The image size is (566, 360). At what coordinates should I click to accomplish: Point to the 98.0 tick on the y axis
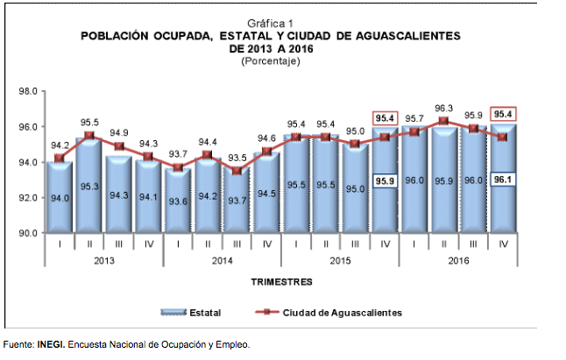[x=26, y=91]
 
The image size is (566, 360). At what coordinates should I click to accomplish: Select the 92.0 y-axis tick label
[x=26, y=198]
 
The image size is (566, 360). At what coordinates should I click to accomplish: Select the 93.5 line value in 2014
[x=237, y=159]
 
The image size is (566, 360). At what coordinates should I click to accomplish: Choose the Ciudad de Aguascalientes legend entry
[x=334, y=311]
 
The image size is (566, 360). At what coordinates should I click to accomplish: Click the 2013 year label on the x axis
[x=104, y=260]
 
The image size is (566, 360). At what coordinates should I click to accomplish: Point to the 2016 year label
[x=459, y=260]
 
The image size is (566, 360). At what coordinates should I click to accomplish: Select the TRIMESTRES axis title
[x=282, y=283]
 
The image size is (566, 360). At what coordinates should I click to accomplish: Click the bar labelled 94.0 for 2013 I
[x=60, y=200]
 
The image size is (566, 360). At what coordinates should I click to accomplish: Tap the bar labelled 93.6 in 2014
[x=178, y=201]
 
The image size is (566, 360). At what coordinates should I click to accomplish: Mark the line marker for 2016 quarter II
[x=444, y=121]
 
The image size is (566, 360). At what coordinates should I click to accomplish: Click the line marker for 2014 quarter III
[x=237, y=171]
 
